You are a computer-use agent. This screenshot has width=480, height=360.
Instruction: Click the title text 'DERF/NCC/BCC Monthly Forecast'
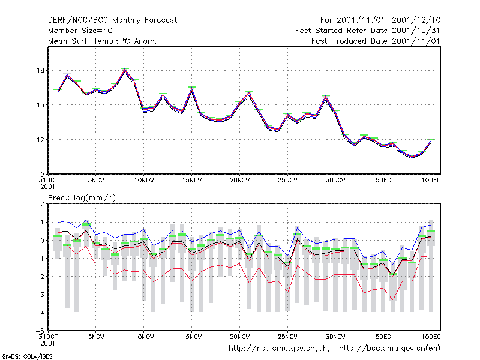tap(112, 20)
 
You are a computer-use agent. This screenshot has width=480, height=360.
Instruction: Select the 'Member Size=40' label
tap(80, 31)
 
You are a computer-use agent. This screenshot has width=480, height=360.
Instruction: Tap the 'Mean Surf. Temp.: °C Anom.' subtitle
tap(103, 41)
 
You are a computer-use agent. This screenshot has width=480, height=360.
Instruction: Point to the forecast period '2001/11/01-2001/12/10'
tap(388, 20)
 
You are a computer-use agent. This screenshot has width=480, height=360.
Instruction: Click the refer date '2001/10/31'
tap(416, 31)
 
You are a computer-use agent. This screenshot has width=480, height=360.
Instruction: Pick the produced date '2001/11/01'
tap(416, 41)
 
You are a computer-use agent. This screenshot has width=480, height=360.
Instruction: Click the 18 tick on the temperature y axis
tap(40, 70)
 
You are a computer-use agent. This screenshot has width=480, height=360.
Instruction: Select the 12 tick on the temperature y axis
tap(40, 140)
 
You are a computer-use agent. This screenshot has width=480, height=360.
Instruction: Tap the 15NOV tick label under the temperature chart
tap(192, 180)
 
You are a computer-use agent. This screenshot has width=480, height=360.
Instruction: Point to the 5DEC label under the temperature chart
tap(383, 180)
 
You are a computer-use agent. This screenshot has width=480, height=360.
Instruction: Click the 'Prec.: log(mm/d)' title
tap(82, 198)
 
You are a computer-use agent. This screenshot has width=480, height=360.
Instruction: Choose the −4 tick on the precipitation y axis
tap(40, 313)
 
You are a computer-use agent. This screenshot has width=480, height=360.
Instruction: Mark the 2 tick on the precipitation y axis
tap(42, 204)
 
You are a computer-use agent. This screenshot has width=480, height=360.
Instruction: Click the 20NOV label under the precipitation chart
tap(239, 337)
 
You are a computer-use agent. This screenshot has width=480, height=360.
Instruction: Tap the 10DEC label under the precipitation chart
tap(431, 337)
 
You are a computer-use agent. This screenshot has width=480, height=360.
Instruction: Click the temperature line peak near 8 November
tap(125, 70)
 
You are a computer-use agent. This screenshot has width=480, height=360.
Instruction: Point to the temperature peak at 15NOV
tap(192, 89)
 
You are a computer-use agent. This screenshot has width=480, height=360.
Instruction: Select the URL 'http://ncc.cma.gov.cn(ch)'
tap(279, 349)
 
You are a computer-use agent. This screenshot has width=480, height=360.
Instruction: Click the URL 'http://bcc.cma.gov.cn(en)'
tap(389, 349)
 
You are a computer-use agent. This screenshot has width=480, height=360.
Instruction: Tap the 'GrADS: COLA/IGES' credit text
tap(27, 356)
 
